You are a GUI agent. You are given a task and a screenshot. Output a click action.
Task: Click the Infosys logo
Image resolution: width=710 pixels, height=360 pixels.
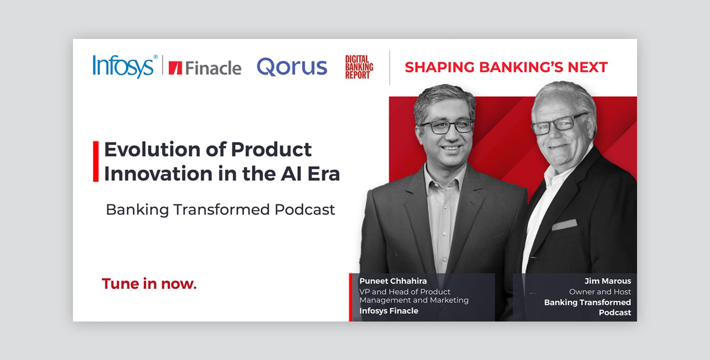pos(125,66)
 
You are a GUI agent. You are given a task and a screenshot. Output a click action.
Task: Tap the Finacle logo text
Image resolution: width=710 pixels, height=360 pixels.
pos(213,68)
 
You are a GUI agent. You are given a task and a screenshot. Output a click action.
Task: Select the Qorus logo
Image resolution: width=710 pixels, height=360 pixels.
pos(292,67)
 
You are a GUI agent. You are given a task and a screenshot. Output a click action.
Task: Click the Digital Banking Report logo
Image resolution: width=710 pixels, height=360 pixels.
pos(359,67)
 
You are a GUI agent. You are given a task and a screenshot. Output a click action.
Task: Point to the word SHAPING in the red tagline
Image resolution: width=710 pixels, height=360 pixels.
pos(439,67)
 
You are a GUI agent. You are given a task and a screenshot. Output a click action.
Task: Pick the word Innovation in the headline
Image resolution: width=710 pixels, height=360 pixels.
pos(158,174)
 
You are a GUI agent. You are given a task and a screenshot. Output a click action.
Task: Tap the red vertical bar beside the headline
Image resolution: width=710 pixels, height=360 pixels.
pos(96,162)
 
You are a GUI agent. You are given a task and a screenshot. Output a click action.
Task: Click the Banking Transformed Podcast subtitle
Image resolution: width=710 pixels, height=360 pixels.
pos(220,210)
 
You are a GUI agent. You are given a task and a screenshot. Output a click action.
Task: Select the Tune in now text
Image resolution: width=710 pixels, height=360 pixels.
pos(149,284)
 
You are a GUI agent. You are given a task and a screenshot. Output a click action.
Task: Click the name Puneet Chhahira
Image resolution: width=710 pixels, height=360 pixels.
pos(393,281)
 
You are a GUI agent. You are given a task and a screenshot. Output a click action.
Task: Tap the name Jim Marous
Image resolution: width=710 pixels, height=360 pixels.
pos(607,281)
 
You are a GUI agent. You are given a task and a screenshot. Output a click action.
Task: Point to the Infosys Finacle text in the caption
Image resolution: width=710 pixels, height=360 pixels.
pos(389,311)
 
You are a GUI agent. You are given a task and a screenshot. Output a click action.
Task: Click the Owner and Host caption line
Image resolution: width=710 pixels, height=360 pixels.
pos(600,291)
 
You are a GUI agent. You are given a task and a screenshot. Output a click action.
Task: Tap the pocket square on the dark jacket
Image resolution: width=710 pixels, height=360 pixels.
pos(564,225)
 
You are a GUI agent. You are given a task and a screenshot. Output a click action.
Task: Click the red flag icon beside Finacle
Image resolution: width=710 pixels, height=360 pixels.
pos(176,68)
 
